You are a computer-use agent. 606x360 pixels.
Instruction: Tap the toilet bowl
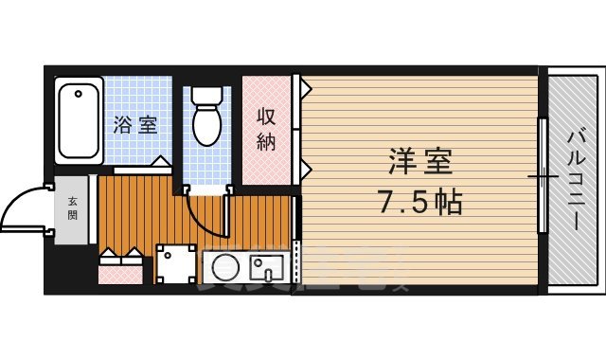[x=206, y=124]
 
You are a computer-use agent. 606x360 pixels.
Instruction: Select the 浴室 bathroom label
[x=135, y=125]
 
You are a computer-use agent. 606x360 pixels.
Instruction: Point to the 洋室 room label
[x=419, y=161]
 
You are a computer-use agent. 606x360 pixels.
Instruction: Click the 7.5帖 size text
[x=420, y=202]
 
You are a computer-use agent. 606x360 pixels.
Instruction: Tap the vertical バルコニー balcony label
[x=575, y=180]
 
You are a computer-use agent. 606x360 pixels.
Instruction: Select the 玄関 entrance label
[x=73, y=207]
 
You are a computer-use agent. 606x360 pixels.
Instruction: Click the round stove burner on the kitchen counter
[x=225, y=269]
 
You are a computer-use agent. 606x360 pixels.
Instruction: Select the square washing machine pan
[x=175, y=265]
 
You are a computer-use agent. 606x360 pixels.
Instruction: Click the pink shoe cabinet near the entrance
[x=118, y=274]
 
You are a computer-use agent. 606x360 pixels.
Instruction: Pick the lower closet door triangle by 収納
[x=305, y=169]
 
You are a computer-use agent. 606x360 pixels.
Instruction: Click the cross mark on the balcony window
[x=543, y=176]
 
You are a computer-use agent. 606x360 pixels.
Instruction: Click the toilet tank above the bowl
[x=206, y=98]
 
